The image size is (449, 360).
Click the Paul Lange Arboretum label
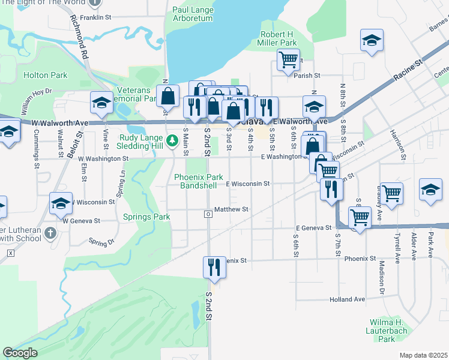192,14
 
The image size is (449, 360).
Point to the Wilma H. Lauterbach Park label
387,330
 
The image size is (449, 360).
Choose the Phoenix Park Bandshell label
198,181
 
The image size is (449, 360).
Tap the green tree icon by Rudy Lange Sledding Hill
173,140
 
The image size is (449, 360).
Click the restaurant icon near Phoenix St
214,267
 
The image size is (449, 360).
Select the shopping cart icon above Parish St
288,59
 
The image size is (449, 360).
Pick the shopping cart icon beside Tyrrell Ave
391,193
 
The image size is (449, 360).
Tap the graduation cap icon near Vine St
101,103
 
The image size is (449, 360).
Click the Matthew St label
232,209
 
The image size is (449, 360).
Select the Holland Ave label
347,299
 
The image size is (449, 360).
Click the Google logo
20,353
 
